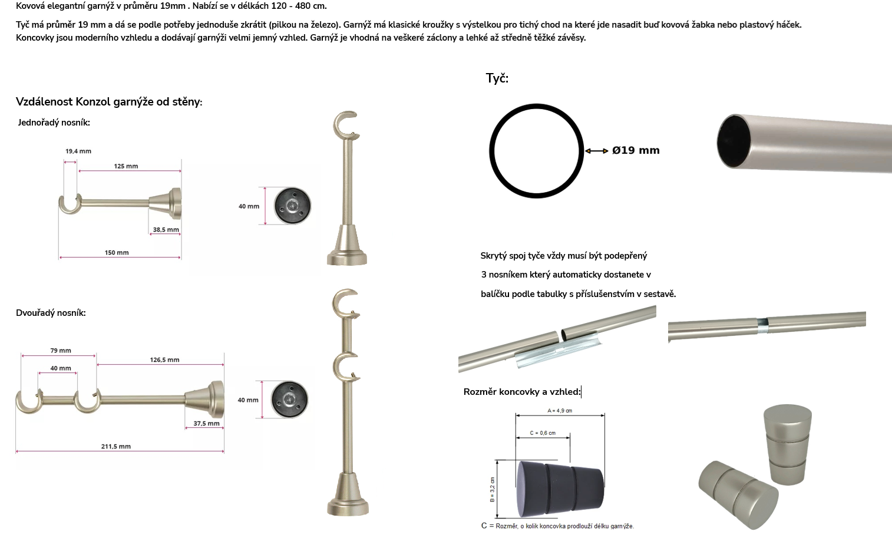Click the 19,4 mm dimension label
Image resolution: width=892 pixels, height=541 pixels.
point(78,151)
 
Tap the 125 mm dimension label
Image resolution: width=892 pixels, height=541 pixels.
point(126,166)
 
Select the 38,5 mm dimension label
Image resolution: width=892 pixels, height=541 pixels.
point(166,229)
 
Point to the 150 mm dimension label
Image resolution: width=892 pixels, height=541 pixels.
point(117,253)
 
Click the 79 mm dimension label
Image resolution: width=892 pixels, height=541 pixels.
point(61,351)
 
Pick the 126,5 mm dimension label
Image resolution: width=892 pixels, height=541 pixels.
point(164,359)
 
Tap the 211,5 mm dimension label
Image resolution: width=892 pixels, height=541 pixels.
point(116,446)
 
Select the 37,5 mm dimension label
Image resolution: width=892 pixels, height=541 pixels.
point(206,423)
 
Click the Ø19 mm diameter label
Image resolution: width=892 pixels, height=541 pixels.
point(636,150)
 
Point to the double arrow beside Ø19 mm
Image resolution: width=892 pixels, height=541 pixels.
point(596,151)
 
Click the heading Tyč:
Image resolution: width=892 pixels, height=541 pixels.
point(497,78)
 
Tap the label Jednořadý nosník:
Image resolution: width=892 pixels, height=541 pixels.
point(54,123)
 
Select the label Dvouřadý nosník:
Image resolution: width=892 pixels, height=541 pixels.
point(51,313)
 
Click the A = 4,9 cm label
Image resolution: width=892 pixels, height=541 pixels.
point(560,411)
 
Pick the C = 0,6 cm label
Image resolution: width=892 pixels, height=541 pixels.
point(543,433)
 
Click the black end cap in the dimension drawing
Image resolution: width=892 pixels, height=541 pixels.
point(560,489)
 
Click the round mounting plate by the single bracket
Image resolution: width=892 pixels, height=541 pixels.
point(293,206)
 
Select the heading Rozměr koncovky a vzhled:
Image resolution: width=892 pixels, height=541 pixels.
point(522,392)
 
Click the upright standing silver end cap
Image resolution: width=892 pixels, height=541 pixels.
point(788,444)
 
